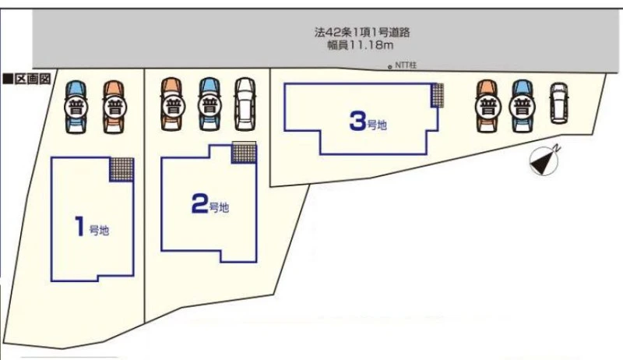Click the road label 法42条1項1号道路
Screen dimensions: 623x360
pyautogui.click(x=362, y=32)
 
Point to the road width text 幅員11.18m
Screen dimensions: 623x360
pyautogui.click(x=361, y=45)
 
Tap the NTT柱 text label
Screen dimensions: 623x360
pyautogui.click(x=406, y=65)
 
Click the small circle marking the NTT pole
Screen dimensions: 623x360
pyautogui.click(x=390, y=67)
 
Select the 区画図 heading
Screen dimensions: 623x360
pyautogui.click(x=27, y=79)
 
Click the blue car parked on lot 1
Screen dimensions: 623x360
pyautogui.click(x=76, y=107)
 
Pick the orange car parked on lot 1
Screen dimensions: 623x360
pyautogui.click(x=114, y=107)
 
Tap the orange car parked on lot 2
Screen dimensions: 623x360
pyautogui.click(x=171, y=104)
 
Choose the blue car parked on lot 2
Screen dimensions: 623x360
pyautogui.click(x=209, y=104)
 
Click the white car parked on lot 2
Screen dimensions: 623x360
pyautogui.click(x=245, y=104)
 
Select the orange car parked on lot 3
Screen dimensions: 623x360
pyautogui.click(x=487, y=106)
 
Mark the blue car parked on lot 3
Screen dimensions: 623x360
pyautogui.click(x=523, y=106)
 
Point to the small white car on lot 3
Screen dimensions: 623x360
pyautogui.click(x=559, y=103)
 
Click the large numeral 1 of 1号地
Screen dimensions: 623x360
pyautogui.click(x=81, y=226)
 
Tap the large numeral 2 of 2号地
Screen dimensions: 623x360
pyautogui.click(x=200, y=203)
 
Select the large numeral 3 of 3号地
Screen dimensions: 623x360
pyautogui.click(x=357, y=121)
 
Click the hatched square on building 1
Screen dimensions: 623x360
pyautogui.click(x=121, y=169)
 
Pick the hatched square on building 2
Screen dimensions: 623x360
pyautogui.click(x=244, y=153)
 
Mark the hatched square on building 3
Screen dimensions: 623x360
pyautogui.click(x=438, y=95)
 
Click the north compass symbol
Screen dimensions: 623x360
pyautogui.click(x=544, y=161)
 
